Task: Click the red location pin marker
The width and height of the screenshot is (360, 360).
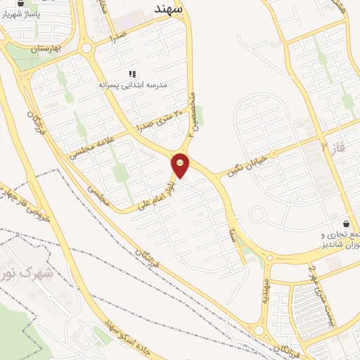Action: (x=181, y=165)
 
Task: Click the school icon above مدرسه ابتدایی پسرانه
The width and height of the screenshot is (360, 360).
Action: (x=131, y=73)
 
